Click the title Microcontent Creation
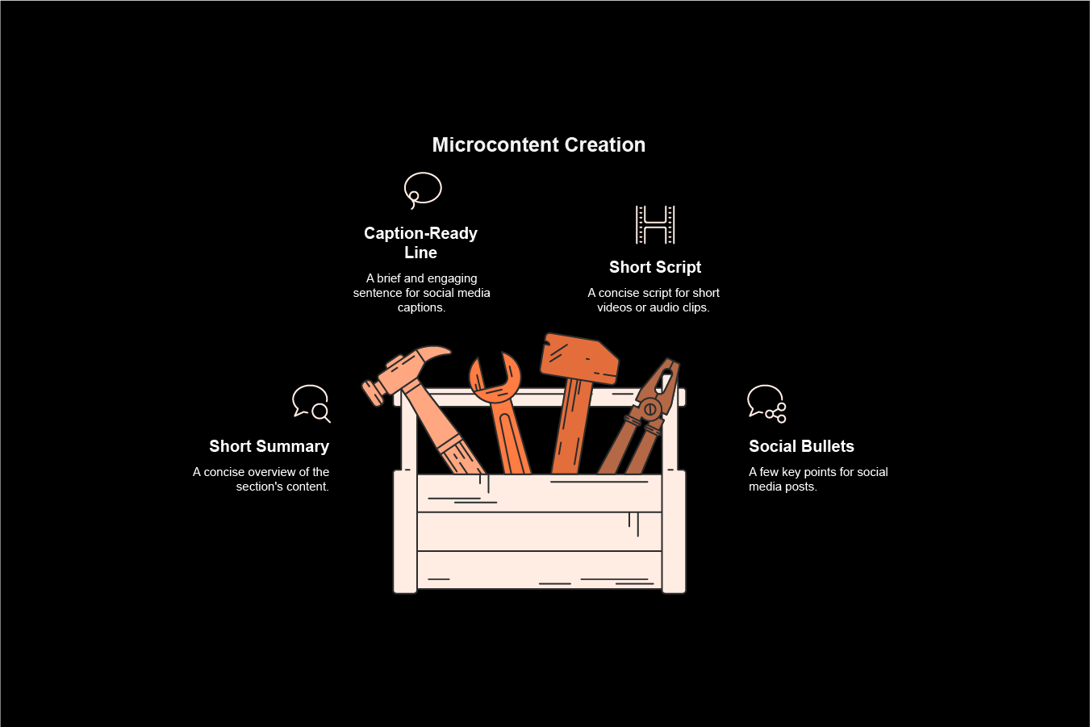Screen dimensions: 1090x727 538,145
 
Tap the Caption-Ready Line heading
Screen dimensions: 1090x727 420,242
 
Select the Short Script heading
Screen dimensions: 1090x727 654,267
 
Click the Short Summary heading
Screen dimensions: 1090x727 269,446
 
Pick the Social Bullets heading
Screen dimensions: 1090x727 800,446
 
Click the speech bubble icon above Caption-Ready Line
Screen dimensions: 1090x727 423,190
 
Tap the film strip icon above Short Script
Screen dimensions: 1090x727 655,224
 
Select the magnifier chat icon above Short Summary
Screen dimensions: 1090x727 311,403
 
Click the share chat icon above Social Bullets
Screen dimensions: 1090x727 766,403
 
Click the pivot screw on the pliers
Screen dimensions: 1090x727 649,409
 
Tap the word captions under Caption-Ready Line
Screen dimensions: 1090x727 420,307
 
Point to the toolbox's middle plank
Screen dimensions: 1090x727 539,532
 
